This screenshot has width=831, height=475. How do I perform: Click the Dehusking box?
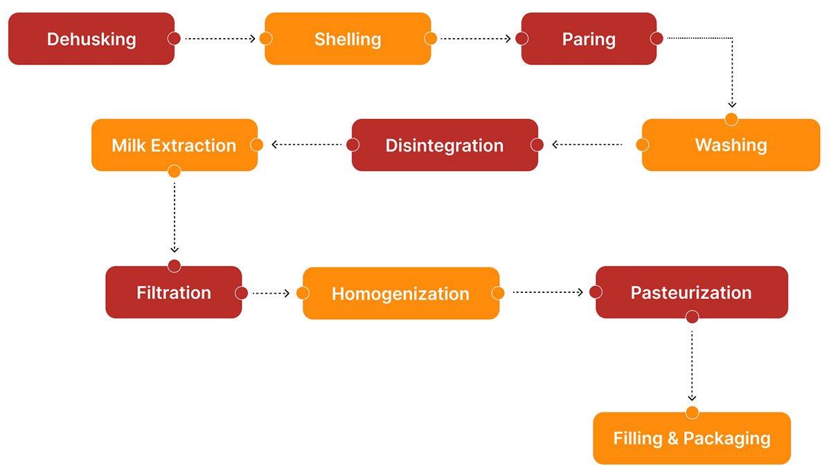pyautogui.click(x=91, y=39)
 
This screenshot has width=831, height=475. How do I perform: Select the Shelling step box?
pyautogui.click(x=348, y=39)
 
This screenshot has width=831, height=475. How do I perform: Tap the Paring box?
pyautogui.click(x=589, y=39)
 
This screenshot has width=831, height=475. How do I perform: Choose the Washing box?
pyautogui.click(x=731, y=145)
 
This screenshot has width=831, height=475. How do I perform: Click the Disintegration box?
pyautogui.click(x=445, y=145)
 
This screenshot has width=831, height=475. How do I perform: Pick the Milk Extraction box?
pyautogui.click(x=175, y=145)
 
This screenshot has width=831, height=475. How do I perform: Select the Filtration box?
pyautogui.click(x=174, y=292)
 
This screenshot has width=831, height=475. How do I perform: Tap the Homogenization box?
pyautogui.click(x=401, y=294)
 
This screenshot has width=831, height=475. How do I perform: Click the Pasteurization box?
pyautogui.click(x=692, y=292)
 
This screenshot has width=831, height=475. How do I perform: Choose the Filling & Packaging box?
pyautogui.click(x=692, y=438)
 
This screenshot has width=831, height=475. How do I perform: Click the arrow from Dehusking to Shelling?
pyautogui.click(x=220, y=39)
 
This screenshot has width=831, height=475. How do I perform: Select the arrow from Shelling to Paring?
pyautogui.click(x=476, y=39)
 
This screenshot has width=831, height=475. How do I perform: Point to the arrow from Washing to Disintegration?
pyautogui.click(x=587, y=145)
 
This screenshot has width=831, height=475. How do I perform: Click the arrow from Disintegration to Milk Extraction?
pyautogui.click(x=306, y=145)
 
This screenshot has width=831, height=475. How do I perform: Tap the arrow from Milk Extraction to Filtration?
pyautogui.click(x=175, y=217)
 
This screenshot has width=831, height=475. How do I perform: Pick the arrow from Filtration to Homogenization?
pyautogui.click(x=271, y=294)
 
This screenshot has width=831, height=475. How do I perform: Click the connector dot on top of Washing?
pyautogui.click(x=731, y=119)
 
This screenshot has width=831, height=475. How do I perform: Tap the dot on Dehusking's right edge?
pyautogui.click(x=174, y=38)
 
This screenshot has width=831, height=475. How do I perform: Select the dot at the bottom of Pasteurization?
pyautogui.click(x=692, y=317)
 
